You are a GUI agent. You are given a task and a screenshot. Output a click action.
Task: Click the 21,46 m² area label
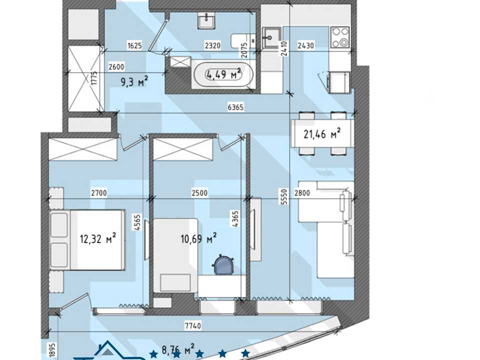coord(322,134)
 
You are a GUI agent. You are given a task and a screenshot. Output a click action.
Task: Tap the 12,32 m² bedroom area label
coord(98,238)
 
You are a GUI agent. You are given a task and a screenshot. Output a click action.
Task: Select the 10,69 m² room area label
coord(199,238)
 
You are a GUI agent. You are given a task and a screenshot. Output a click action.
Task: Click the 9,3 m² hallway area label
coord(134,82)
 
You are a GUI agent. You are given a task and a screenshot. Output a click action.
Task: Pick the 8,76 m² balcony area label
coord(178,349)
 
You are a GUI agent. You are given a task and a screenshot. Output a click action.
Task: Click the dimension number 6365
coord(235,107)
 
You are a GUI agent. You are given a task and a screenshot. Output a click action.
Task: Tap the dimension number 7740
coord(193,325)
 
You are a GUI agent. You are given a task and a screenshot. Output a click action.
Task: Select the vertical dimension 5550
coord(284,196)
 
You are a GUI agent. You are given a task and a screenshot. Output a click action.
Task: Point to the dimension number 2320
coord(213,45)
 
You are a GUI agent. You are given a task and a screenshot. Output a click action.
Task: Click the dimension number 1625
coord(134,45)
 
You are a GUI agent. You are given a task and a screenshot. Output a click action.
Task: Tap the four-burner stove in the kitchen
coord(340,37)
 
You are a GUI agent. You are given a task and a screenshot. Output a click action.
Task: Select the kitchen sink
coord(271,38)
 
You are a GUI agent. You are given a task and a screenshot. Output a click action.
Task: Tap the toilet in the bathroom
coord(243,40)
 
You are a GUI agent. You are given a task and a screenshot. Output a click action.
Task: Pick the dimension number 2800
coord(302,193)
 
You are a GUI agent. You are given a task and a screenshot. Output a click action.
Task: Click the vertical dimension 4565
coord(137,222)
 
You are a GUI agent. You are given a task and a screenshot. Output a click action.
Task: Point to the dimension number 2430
coord(306,45)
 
